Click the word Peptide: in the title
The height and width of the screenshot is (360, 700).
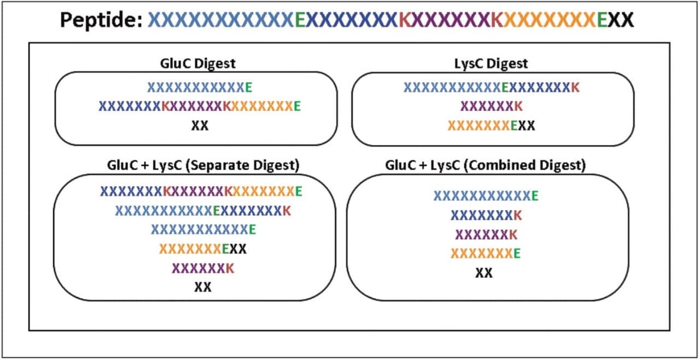coord(102,20)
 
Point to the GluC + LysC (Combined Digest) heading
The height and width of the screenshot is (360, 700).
coord(486,165)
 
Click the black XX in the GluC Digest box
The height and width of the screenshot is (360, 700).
coord(200,125)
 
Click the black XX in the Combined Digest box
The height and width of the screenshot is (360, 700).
coord(483,272)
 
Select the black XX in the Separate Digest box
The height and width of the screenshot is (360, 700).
coord(202,287)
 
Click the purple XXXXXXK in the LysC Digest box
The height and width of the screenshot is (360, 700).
coord(492,106)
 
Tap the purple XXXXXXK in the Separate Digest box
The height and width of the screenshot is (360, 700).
coord(203,268)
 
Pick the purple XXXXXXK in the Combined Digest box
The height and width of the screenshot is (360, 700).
coord(486,234)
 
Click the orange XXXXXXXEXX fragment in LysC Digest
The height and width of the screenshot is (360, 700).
coord(491,125)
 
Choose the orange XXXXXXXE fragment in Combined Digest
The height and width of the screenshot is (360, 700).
coord(485,253)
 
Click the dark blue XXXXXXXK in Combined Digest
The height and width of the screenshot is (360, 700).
coord(486,215)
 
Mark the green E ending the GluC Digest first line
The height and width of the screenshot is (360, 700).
coord(249,87)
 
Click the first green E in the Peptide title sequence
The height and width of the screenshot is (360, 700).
coord(299,20)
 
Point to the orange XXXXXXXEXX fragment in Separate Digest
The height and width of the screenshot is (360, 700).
coord(203,249)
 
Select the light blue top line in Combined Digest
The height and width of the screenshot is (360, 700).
coord(486,196)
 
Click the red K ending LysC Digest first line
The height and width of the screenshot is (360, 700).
coord(575,87)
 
